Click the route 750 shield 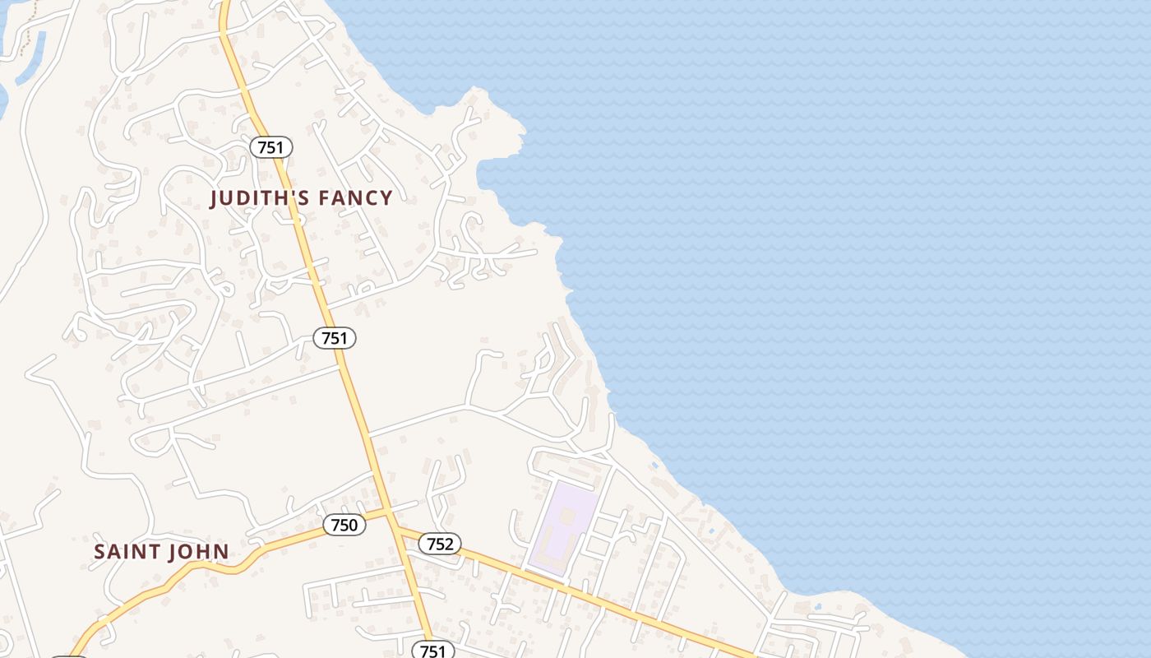pyautogui.click(x=344, y=525)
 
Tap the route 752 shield pyautogui.click(x=440, y=544)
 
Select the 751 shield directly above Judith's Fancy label pyautogui.click(x=270, y=147)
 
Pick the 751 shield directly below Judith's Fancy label pyautogui.click(x=335, y=337)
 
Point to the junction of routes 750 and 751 pyautogui.click(x=388, y=512)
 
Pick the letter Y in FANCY pyautogui.click(x=386, y=198)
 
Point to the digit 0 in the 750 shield pyautogui.click(x=354, y=525)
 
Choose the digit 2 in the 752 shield pyautogui.click(x=451, y=544)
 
